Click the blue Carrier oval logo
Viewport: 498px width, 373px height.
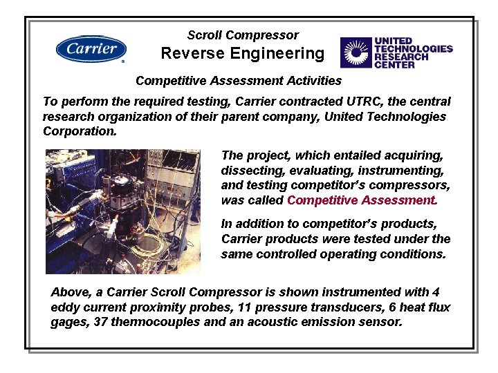91,49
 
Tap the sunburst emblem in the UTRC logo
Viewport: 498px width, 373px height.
356,52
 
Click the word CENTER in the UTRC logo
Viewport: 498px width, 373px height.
394,65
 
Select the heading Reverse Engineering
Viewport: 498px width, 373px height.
242,53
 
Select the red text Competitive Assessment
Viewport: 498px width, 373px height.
361,200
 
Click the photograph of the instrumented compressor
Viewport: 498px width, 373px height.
122,211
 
